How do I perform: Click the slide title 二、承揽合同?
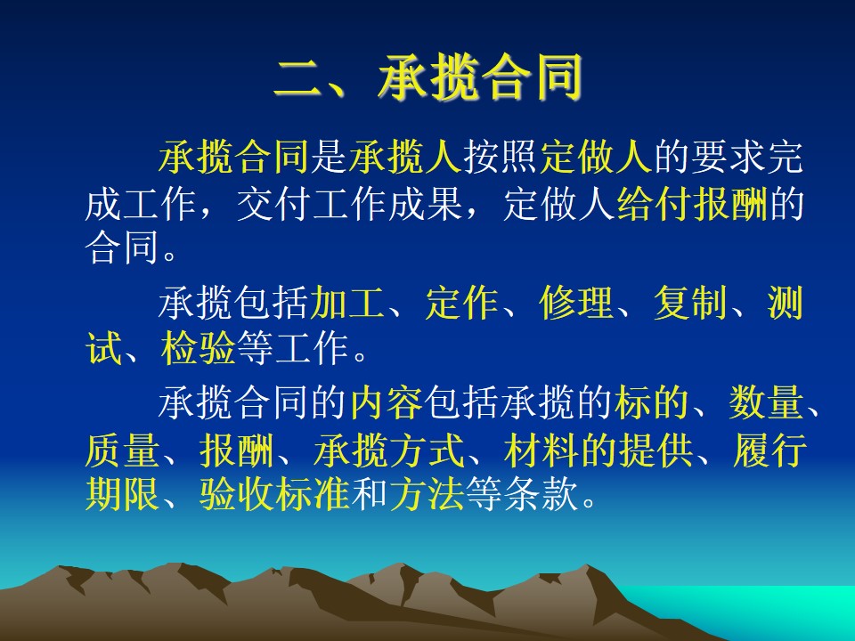[428, 78]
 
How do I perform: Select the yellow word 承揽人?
[405, 157]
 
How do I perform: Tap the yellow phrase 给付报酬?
[693, 204]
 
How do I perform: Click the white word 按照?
[500, 157]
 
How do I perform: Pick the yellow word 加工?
[346, 303]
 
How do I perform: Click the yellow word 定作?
[461, 303]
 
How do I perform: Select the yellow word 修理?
[576, 303]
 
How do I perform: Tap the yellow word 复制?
[690, 303]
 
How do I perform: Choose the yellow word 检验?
[198, 348]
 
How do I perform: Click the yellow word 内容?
[386, 402]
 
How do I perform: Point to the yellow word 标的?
[651, 402]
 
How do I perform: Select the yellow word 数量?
[766, 402]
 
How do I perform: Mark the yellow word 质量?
[122, 450]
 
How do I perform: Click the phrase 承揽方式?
[388, 450]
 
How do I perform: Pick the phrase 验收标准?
[273, 494]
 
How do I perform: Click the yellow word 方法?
[427, 494]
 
